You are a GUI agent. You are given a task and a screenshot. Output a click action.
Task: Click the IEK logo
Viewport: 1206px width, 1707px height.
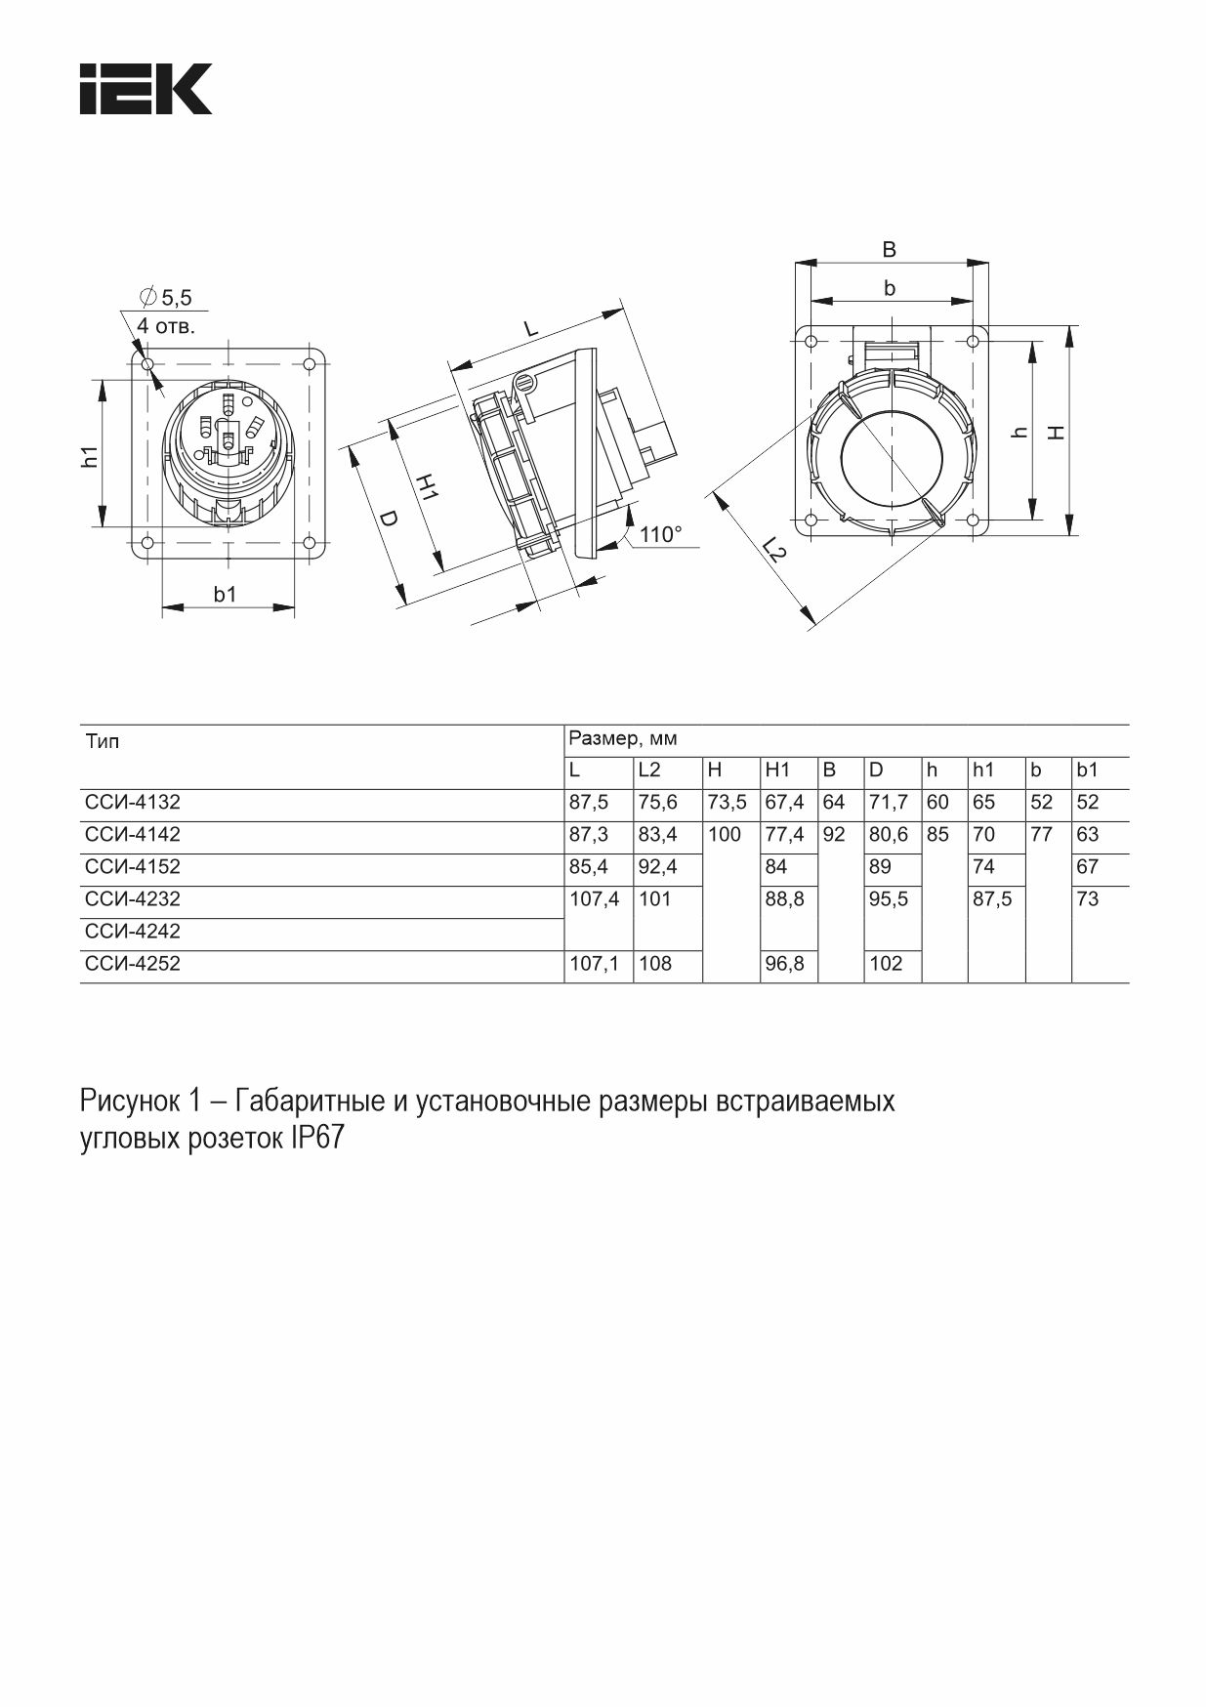[x=146, y=90]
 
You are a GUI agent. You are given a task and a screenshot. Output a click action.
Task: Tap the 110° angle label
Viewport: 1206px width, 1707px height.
[x=661, y=534]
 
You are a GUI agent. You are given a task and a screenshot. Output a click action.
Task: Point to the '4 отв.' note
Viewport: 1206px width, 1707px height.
[x=166, y=326]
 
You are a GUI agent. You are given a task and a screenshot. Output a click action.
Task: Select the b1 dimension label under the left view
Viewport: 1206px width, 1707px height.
[x=226, y=594]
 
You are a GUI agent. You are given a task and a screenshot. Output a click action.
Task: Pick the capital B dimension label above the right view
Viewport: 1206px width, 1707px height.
[x=889, y=250]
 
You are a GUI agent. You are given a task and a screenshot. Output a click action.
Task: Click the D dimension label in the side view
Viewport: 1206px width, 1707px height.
[x=388, y=519]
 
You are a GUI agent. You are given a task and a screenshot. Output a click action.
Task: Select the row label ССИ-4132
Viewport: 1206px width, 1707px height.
[x=133, y=803]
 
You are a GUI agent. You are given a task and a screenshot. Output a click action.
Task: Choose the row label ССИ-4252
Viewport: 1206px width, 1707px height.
[x=133, y=964]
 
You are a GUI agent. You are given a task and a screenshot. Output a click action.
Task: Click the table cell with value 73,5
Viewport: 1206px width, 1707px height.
[x=727, y=803]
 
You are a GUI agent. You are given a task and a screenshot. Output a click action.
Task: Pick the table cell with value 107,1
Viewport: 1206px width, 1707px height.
[x=594, y=964]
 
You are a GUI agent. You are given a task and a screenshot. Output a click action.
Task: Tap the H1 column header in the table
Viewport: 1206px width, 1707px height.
[x=777, y=770]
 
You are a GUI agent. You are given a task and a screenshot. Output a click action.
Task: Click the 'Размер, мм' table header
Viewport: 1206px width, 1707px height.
[x=623, y=738]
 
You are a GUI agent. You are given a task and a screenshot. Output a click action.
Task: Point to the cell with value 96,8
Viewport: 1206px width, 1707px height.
[x=784, y=964]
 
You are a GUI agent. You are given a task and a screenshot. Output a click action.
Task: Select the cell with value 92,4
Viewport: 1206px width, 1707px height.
[x=657, y=867]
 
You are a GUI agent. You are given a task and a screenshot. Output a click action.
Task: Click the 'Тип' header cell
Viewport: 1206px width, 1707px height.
[x=103, y=742]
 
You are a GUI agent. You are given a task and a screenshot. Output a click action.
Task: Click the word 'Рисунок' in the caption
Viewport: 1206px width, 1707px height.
[x=128, y=1103]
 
